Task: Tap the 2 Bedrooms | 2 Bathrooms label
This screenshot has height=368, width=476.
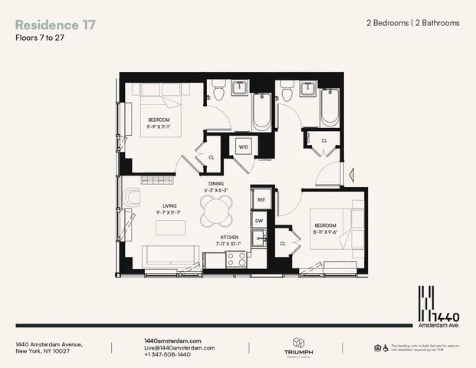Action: [412, 23]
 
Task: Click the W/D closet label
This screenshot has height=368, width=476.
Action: [244, 146]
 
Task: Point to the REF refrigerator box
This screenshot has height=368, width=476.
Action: [261, 199]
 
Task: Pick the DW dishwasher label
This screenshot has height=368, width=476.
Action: [260, 220]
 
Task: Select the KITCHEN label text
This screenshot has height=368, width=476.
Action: [231, 238]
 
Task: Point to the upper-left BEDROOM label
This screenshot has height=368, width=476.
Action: [159, 120]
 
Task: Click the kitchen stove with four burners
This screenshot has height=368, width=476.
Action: [237, 260]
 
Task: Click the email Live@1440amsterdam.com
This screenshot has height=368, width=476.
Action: [176, 348]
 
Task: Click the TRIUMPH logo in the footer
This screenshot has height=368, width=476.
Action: [299, 347]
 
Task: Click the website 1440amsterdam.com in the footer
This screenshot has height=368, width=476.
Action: [172, 340]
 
